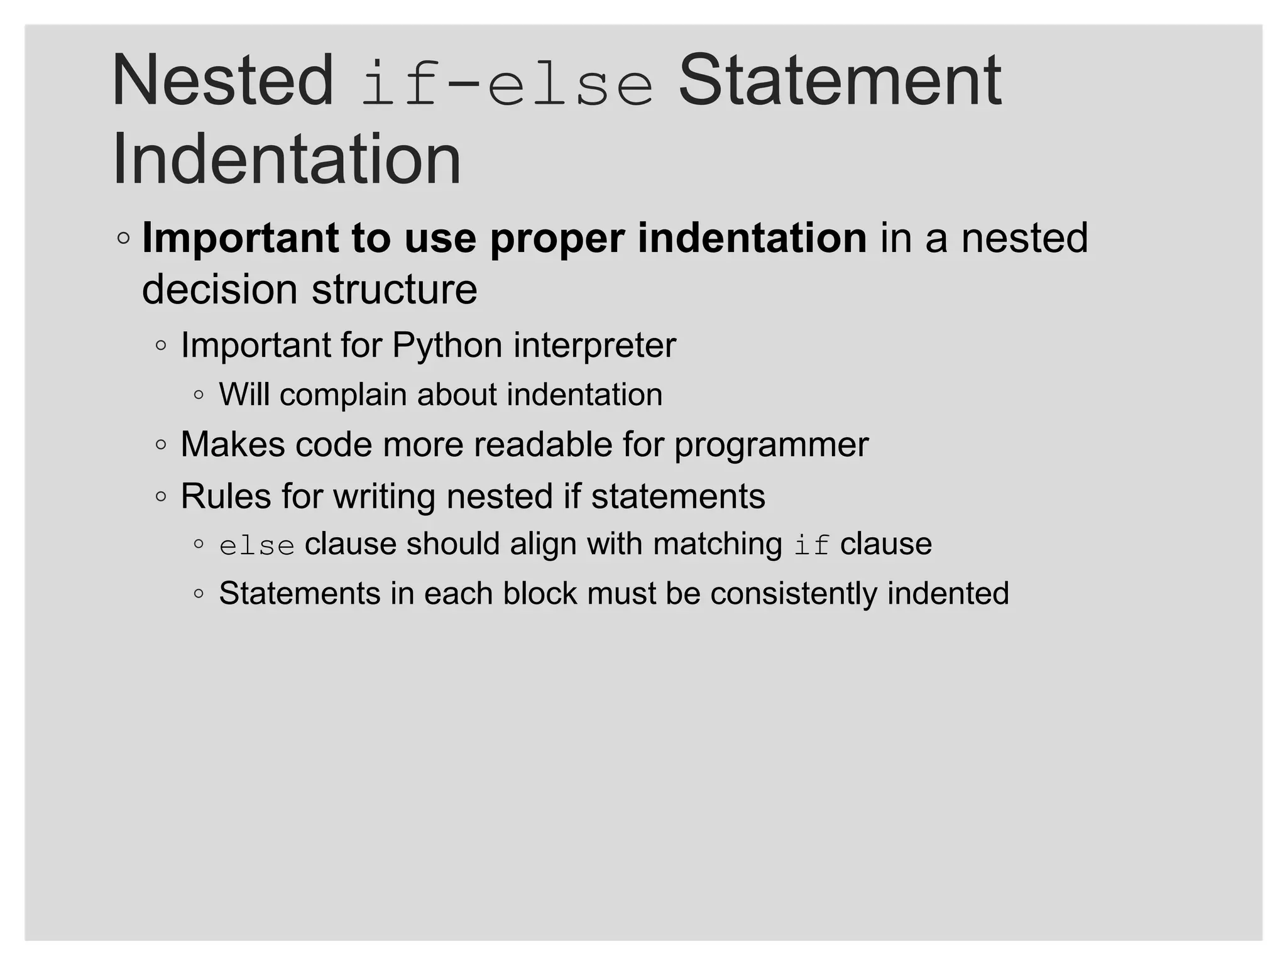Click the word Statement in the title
point(840,82)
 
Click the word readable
point(542,445)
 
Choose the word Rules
point(226,496)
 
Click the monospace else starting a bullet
point(257,545)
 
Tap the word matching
point(717,545)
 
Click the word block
point(539,594)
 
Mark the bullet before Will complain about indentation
point(199,395)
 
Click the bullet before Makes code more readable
point(161,445)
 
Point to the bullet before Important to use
point(124,239)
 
